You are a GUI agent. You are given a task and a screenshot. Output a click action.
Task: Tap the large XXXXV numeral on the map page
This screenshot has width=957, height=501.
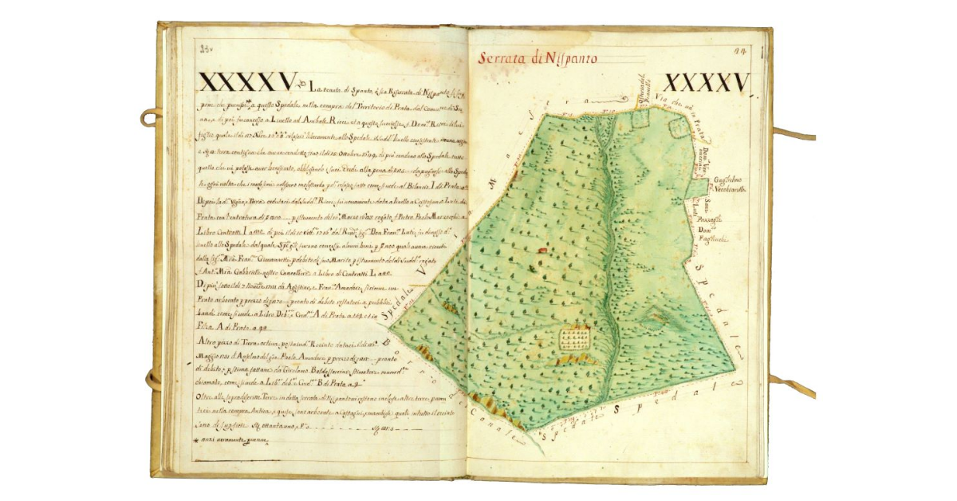click(x=707, y=82)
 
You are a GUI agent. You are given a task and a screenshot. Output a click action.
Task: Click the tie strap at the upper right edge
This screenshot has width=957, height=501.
click(x=794, y=134)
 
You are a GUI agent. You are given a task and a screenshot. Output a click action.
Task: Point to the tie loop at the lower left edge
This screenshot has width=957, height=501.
click(x=152, y=378)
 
